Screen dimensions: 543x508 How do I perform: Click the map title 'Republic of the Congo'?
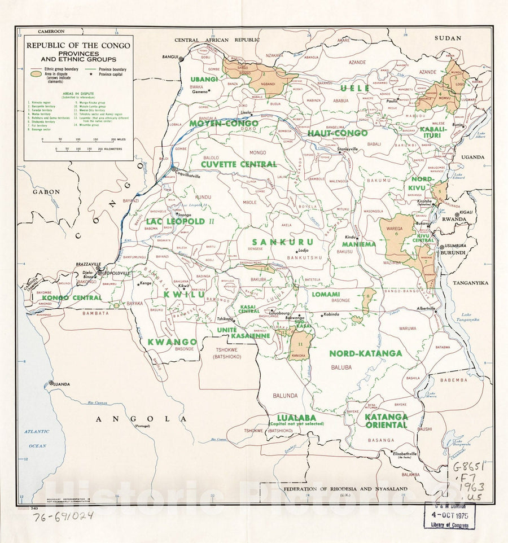pyautogui.click(x=78, y=45)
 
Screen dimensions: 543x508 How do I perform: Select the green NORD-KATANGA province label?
pyautogui.click(x=365, y=353)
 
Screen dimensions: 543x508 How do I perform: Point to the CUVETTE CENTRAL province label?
pyautogui.click(x=239, y=164)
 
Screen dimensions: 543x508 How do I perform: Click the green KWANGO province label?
pyautogui.click(x=172, y=341)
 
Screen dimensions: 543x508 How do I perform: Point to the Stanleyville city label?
pyautogui.click(x=348, y=149)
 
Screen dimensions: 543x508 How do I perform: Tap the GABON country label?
pyautogui.click(x=42, y=192)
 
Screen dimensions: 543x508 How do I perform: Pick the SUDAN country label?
pyautogui.click(x=448, y=38)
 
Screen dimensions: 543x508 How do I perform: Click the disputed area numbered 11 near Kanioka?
pyautogui.click(x=299, y=345)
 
